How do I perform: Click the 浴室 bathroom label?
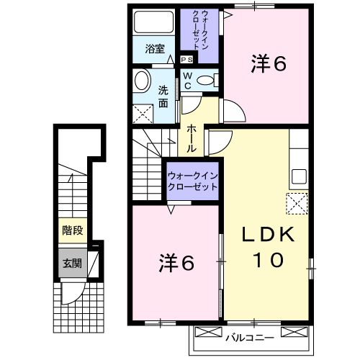coord(154,50)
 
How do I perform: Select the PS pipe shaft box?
coord(186,60)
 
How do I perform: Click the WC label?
coord(186,80)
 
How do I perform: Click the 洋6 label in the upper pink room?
coord(269,64)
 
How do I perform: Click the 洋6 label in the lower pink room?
coord(176,263)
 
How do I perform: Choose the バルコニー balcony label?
coord(248,336)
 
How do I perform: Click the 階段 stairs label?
coord(72,231)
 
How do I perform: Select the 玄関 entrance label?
coord(71,263)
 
